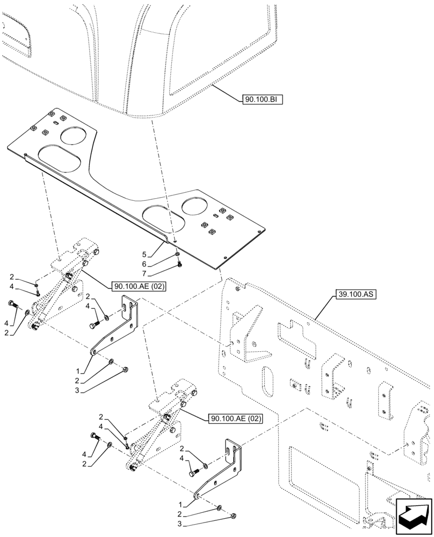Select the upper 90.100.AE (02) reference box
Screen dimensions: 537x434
(x=139, y=286)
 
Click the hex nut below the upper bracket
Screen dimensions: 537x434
(x=125, y=369)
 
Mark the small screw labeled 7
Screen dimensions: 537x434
(x=180, y=264)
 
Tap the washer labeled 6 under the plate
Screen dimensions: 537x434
(x=178, y=255)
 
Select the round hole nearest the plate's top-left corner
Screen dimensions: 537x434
(x=76, y=135)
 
